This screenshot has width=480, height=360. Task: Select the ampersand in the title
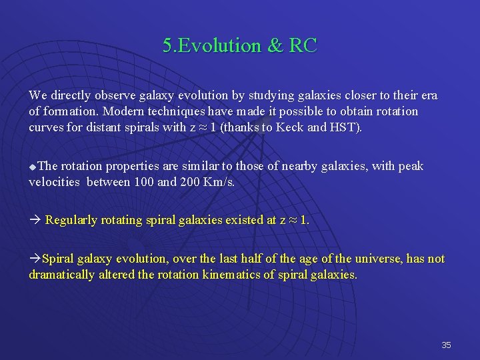(x=275, y=45)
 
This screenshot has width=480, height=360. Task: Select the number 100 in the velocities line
(x=143, y=181)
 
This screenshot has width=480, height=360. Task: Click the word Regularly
(x=72, y=220)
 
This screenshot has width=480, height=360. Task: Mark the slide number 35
(x=446, y=345)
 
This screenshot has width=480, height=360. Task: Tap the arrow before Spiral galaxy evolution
(x=34, y=259)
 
